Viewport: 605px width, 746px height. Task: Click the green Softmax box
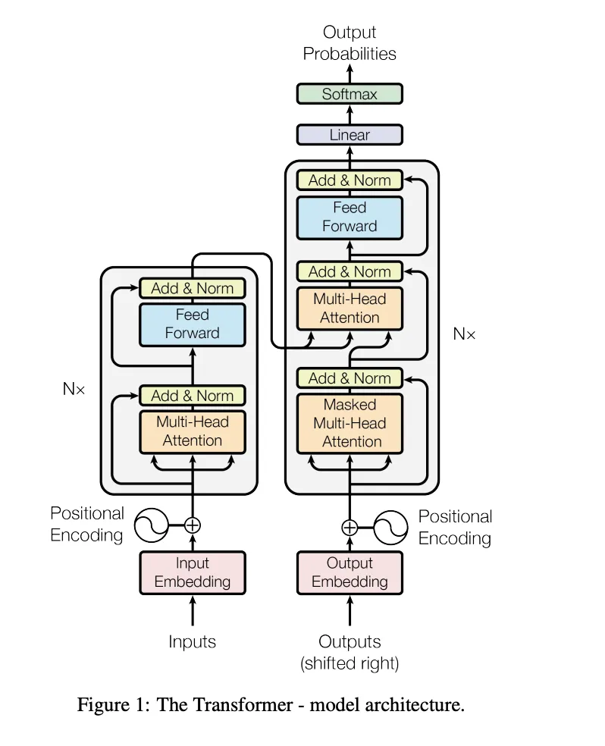pos(350,94)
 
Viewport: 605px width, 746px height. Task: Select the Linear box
pos(350,135)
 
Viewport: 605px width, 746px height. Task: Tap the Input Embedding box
pos(193,573)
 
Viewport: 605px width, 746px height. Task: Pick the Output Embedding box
pos(350,573)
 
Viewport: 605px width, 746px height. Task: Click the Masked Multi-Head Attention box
pos(350,424)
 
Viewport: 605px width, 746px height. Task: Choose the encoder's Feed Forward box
pos(193,324)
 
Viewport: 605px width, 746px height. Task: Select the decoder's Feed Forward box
pos(350,218)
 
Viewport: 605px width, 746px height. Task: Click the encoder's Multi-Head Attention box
pos(193,432)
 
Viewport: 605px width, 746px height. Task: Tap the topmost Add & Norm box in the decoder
pos(350,180)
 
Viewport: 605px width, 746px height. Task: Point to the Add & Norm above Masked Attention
pos(350,378)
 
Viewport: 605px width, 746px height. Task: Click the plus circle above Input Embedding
pos(193,525)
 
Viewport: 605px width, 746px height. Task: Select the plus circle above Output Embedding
pos(350,527)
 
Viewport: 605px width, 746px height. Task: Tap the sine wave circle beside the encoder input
pos(152,525)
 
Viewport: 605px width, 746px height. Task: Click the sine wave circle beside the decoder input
pos(390,527)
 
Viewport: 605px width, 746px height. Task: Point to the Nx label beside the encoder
pos(74,389)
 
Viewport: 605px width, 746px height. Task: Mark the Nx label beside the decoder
pos(464,334)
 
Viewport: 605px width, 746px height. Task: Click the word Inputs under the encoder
pos(192,642)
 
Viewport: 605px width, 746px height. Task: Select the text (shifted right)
pos(350,663)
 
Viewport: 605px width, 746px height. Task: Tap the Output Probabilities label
pos(350,42)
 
